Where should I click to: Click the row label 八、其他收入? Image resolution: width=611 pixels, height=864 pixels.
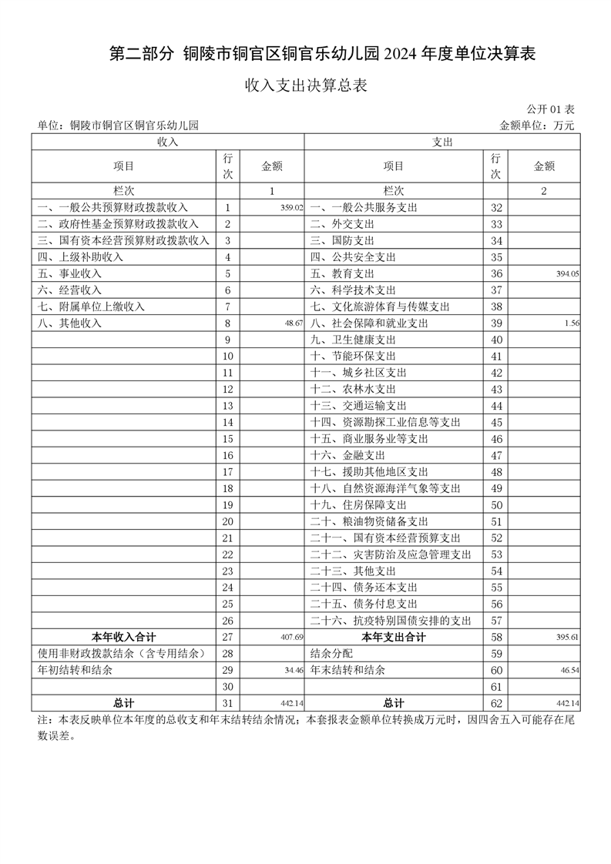tap(69, 323)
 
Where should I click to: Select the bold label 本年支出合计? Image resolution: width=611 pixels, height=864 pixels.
tap(394, 638)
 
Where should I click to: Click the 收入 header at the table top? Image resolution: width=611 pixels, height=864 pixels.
tap(168, 142)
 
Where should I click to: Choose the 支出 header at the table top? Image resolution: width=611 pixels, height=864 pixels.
tap(441, 142)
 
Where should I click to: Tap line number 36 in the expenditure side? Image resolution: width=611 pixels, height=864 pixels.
tap(496, 274)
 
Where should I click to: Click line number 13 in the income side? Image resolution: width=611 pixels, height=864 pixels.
tap(227, 406)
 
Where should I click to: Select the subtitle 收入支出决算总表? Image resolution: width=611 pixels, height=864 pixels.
tap(305, 85)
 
